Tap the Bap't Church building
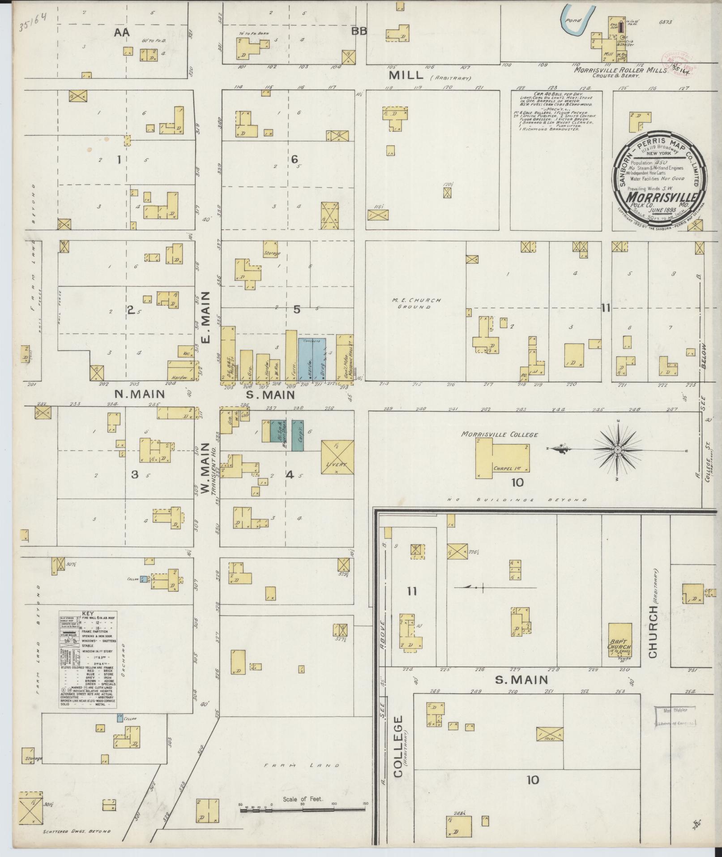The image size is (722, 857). (x=619, y=640)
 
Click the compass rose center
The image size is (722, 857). (x=617, y=449)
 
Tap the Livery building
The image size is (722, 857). (x=338, y=457)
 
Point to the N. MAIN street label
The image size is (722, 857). (x=140, y=394)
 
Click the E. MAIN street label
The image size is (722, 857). (x=206, y=318)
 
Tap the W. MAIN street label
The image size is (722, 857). (x=206, y=469)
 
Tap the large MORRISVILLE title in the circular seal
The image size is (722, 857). (x=662, y=197)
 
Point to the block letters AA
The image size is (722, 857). (x=121, y=32)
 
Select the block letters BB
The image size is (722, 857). (x=359, y=31)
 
